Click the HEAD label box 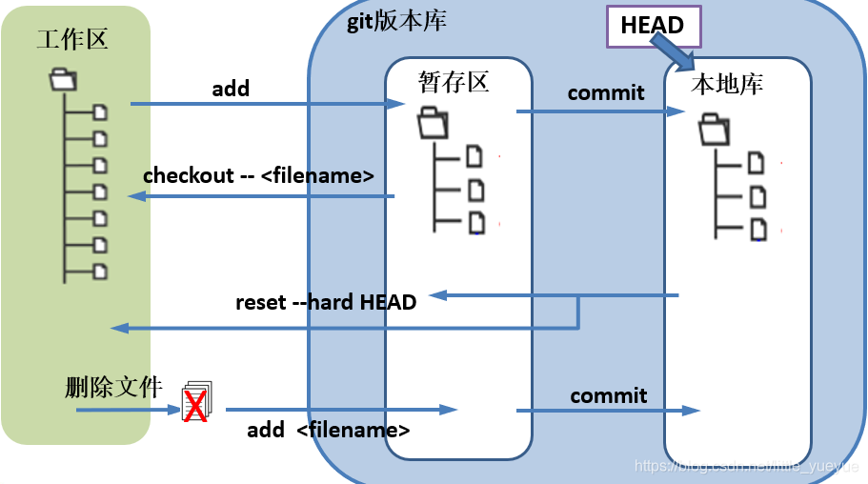[653, 27]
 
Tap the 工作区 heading [72, 39]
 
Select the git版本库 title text [396, 20]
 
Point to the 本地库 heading [727, 84]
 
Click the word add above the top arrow [231, 89]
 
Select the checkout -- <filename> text [257, 176]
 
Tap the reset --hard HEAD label [326, 303]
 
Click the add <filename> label [329, 430]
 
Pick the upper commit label [606, 92]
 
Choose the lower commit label [609, 395]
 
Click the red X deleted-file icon [195, 405]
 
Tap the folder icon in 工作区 [63, 78]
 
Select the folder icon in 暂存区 [433, 122]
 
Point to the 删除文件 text [113, 388]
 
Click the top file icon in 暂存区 [474, 156]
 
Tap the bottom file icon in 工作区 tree [100, 271]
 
